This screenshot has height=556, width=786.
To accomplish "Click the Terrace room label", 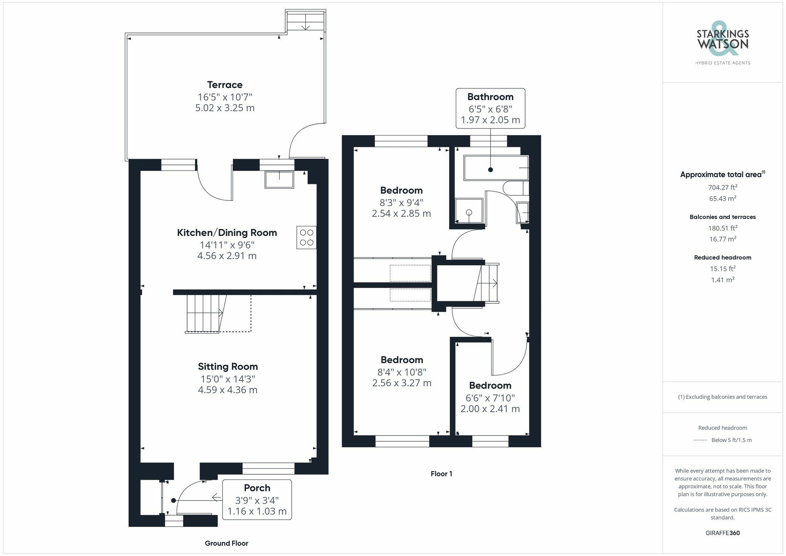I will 225,84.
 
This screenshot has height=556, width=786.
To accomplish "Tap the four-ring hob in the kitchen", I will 307,237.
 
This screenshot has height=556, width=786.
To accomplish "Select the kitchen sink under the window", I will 279,180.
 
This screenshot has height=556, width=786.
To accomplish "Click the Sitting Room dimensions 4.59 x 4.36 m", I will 228,390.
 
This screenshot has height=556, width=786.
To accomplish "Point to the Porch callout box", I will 257,499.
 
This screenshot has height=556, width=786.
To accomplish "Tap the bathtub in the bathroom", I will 495,168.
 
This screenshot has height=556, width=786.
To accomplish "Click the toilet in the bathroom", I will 515,188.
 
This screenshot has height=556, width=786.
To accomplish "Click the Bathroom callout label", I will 490,97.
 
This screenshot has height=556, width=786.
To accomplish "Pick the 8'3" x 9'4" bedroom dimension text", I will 401,203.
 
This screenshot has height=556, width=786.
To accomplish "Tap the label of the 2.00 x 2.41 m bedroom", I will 490,385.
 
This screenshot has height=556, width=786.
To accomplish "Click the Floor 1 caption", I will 441,473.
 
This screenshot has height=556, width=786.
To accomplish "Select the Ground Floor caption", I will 226,543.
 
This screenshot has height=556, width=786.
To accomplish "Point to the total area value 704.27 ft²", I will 722,187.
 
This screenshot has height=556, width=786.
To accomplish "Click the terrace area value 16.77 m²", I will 722,239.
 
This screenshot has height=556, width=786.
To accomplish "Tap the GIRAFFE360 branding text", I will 722,533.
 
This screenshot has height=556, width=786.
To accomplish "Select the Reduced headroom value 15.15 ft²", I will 722,269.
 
